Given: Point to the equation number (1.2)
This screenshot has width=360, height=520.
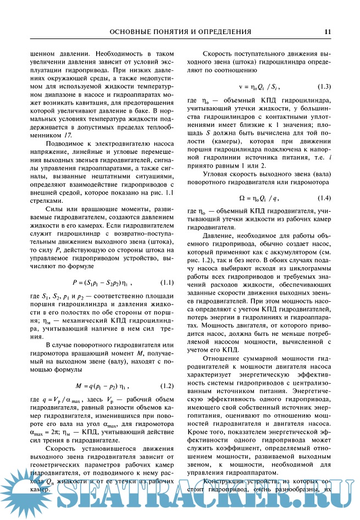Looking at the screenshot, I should [167, 385].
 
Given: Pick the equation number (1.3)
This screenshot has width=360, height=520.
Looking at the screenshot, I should [324, 87].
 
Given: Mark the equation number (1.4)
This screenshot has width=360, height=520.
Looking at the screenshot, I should [324, 197].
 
